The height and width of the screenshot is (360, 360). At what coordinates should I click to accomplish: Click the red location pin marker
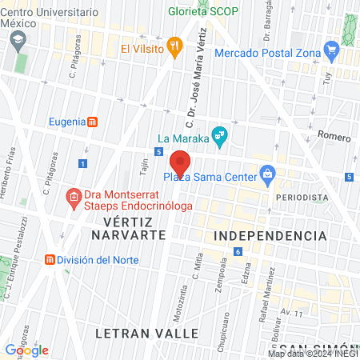tap(180, 162)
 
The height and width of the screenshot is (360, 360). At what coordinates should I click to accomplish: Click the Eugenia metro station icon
tap(93, 122)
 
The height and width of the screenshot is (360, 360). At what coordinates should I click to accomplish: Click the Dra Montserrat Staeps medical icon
tap(73, 196)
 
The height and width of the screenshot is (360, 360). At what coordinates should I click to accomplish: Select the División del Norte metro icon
tap(50, 260)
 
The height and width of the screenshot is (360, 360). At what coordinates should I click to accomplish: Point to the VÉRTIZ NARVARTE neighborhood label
tap(128, 228)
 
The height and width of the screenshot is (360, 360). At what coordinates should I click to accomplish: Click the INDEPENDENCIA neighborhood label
tap(270, 236)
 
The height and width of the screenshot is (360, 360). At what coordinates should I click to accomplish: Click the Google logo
tap(26, 350)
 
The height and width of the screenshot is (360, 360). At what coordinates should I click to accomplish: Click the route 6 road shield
tap(238, 252)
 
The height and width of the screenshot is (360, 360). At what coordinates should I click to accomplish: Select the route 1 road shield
tap(82, 163)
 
